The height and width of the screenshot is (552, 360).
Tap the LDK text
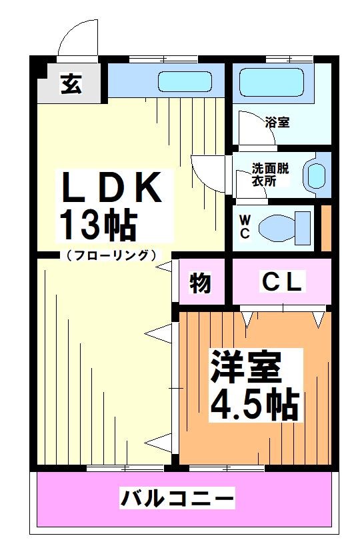pyautogui.click(x=113, y=188)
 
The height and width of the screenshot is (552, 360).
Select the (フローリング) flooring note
pyautogui.click(x=111, y=255)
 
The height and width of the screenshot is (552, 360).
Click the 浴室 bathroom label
pyautogui.click(x=277, y=122)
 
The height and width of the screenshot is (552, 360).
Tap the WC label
pyautogui.click(x=244, y=226)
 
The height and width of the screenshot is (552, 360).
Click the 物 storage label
pyautogui.click(x=199, y=283)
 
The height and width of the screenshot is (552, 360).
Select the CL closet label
pyautogui.click(x=281, y=282)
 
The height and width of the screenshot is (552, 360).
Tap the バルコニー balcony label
pyautogui.click(x=177, y=497)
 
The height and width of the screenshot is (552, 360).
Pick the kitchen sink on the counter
pyautogui.click(x=185, y=82)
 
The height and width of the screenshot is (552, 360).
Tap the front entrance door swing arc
pyautogui.click(x=77, y=38)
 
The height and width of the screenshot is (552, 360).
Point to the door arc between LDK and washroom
pyautogui.click(x=208, y=171)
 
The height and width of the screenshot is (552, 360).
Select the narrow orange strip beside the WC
pyautogui.click(x=326, y=229)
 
